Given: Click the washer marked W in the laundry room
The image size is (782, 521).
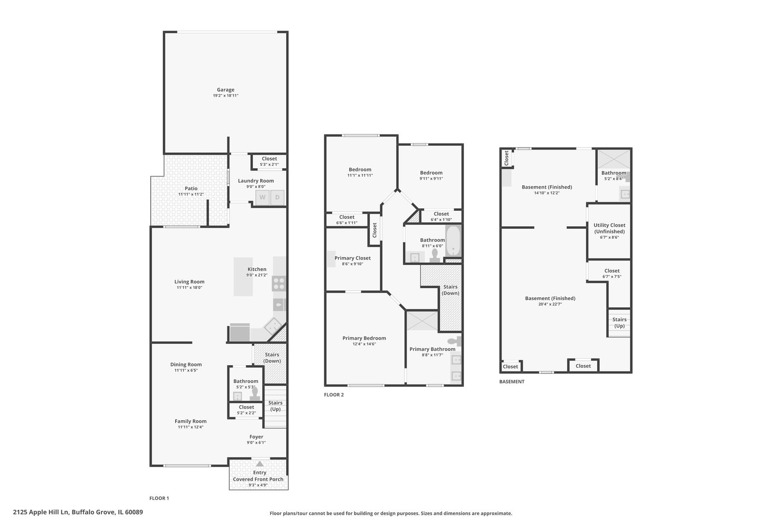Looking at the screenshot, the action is coord(263,197).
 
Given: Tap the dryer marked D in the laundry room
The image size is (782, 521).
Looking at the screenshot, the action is coord(277,197).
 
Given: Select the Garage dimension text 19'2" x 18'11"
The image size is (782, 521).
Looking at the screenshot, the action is coord(225,96).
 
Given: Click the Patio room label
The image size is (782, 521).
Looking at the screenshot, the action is coord(191,189).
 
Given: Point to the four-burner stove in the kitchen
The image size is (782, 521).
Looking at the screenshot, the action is coord(279,283).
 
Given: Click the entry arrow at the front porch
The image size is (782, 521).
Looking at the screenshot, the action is coord(260,464).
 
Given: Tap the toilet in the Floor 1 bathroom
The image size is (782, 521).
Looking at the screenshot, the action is coord(255,394).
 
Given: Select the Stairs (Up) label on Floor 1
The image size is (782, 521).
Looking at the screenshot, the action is coord(276,406).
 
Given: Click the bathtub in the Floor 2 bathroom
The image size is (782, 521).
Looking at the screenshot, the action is coord(453,241).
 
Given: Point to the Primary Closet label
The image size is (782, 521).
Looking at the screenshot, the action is coord(352,258).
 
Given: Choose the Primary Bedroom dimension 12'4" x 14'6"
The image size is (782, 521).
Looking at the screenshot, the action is coord(364,344).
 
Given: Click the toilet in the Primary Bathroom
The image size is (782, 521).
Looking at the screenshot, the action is coord(454,341).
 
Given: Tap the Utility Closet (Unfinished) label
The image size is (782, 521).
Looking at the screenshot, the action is coord(609,228).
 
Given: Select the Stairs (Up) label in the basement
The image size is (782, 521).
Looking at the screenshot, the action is coord(619,322).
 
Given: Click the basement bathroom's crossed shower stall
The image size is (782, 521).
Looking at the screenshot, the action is coord(614,159).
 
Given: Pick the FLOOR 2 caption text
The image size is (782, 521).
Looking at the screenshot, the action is coord(334,395).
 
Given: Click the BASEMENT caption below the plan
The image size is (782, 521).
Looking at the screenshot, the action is coord(512,382).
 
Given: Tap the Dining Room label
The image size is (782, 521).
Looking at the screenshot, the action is coord(186,364).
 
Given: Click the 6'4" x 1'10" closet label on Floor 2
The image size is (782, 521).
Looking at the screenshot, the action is coord(441,220).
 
